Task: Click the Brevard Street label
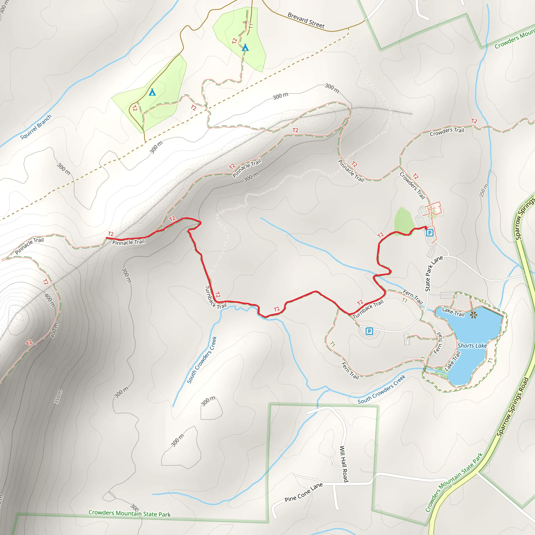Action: pos(306,20)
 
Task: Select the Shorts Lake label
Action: pos(472,346)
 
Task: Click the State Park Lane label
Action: pos(434,273)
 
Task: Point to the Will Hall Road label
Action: pos(344,464)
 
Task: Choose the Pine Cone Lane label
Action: pos(304,492)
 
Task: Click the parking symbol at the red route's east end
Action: pos(429,232)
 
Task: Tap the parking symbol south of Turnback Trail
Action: pos(369,331)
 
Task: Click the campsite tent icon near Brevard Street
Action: pos(245,48)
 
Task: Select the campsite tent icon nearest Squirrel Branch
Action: pos(152,92)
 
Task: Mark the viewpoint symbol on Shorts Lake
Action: pos(473,315)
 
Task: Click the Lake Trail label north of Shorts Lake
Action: pos(453,312)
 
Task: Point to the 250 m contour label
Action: pos(484,190)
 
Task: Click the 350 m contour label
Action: pos(58,397)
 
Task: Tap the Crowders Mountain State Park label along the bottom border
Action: pos(129,513)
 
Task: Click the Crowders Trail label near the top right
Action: pos(447,132)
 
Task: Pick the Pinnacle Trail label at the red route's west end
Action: pos(129,242)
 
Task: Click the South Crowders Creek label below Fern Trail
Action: pos(382,389)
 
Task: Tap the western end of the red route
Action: pos(107,238)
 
